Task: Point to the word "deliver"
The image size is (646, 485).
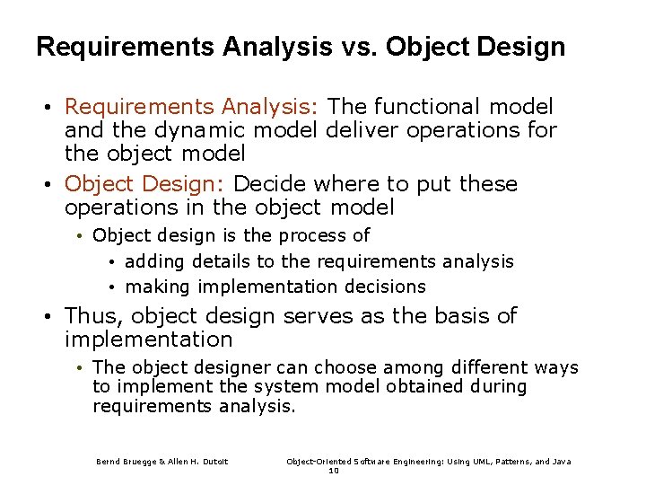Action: (361, 130)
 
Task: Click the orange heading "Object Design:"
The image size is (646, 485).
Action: (145, 185)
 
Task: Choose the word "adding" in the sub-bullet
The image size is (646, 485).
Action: (154, 262)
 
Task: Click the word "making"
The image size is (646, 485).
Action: (158, 287)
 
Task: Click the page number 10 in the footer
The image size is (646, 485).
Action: (334, 471)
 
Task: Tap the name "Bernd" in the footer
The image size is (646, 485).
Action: (109, 462)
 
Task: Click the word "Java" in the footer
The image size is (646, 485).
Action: (562, 462)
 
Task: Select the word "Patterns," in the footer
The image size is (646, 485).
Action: (503, 462)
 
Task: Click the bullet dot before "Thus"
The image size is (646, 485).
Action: (52, 317)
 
